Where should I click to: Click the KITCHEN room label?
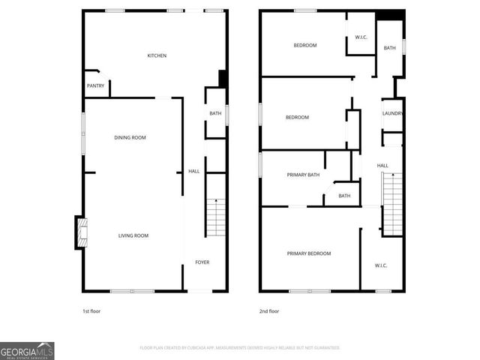[157, 55]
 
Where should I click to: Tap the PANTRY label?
[95, 85]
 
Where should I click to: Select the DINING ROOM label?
[130, 137]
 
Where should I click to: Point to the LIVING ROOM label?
[133, 235]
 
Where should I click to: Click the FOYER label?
[202, 262]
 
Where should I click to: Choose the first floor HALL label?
[193, 171]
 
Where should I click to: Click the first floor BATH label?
[215, 113]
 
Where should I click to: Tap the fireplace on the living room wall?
[80, 232]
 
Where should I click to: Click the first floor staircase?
[216, 217]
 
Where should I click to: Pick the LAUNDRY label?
[393, 113]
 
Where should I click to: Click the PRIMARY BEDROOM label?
[308, 253]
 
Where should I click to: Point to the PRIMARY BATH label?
[303, 175]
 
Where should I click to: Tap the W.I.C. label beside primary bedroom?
[382, 265]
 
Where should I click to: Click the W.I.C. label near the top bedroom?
[361, 37]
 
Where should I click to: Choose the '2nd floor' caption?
[269, 310]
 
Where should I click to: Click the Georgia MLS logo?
[27, 350]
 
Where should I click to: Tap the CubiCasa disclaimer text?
[240, 348]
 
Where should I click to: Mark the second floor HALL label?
[382, 165]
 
